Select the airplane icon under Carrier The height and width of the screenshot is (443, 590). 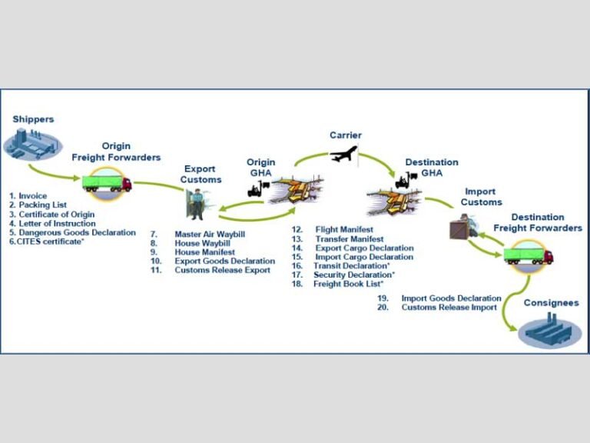pyautogui.click(x=344, y=155)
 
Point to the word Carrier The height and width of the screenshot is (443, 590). pyautogui.click(x=345, y=135)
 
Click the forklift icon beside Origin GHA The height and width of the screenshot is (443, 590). pyautogui.click(x=257, y=188)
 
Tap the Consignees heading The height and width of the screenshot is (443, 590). pyautogui.click(x=551, y=303)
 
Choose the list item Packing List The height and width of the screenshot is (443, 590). pyautogui.click(x=36, y=205)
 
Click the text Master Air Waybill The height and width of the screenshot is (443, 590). pyautogui.click(x=210, y=234)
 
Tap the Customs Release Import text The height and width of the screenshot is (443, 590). pyautogui.click(x=449, y=307)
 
